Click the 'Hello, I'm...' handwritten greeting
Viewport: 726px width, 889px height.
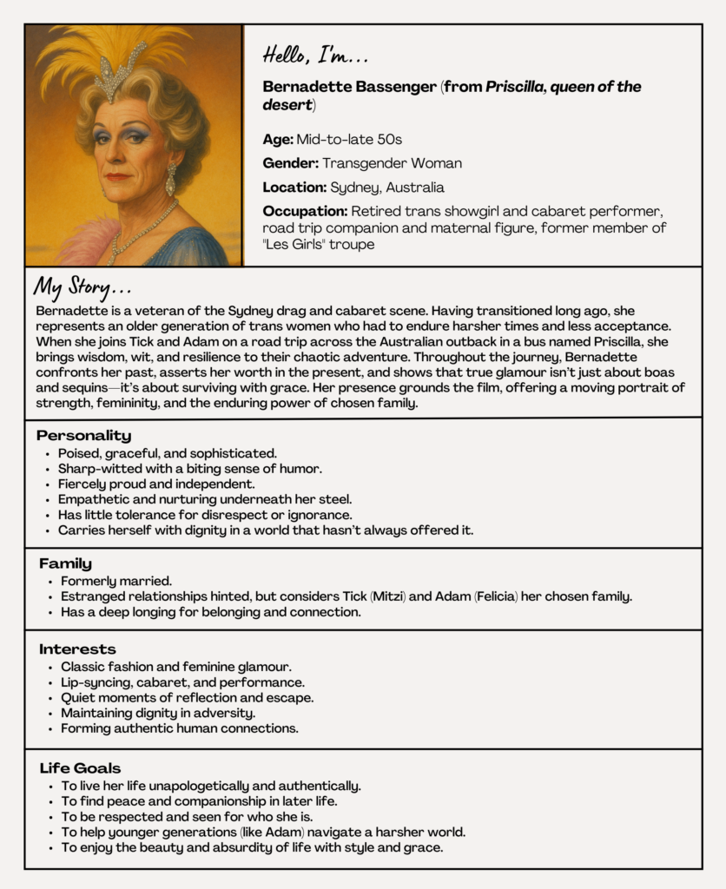315,56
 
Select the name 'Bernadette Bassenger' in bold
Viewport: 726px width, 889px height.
350,88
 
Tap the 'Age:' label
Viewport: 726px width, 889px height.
278,139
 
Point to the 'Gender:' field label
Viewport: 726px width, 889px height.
290,163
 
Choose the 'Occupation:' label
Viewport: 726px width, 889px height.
305,211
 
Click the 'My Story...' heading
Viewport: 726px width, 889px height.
82,287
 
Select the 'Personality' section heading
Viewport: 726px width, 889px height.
83,435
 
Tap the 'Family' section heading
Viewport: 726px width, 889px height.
65,563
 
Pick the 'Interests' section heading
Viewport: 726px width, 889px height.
77,649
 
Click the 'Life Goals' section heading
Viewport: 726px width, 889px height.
81,767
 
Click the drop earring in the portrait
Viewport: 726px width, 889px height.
170,180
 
